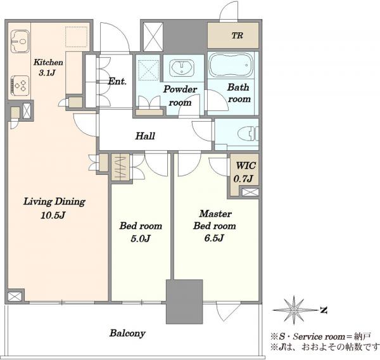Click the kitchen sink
20,41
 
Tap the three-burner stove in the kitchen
20,85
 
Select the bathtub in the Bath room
231,65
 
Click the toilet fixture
248,134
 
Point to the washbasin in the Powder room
182,67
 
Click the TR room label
237,35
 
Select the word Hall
145,136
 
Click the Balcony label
127,333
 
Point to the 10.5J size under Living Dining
53,215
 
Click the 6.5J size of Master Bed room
214,238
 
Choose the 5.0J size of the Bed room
141,239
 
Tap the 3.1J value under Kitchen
47,73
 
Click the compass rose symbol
294,310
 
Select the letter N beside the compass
324,310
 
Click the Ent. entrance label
117,81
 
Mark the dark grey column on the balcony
184,302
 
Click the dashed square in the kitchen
77,37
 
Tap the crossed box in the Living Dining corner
15,297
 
